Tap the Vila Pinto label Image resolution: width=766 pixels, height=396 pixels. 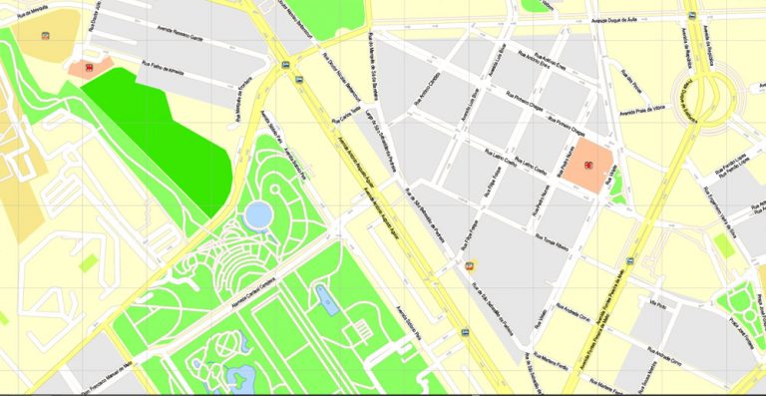tap(657, 302)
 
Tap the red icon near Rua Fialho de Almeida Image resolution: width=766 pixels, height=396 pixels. tap(89, 68)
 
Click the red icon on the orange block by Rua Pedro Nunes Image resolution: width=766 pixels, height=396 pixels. tap(589, 166)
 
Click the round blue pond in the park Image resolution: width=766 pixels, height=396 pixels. tap(258, 213)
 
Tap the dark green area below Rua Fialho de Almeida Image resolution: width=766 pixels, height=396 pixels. tap(160, 130)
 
